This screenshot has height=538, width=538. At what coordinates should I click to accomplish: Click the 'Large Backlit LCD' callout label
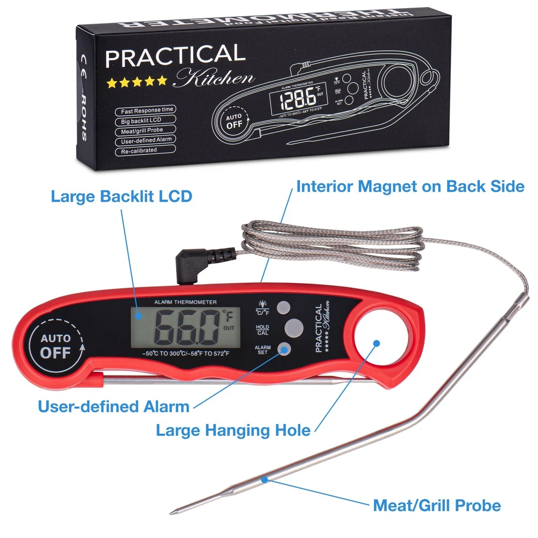point(121,196)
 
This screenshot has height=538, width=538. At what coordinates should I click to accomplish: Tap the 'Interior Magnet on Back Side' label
point(410,186)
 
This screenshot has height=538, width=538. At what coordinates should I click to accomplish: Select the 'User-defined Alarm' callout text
point(114,406)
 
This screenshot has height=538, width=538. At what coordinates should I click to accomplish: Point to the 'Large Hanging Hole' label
point(233,430)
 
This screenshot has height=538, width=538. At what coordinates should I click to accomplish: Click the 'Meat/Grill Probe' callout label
point(437,506)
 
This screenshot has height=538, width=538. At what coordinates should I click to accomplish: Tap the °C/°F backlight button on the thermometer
point(284,307)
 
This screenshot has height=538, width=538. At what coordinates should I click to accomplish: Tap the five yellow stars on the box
point(137,83)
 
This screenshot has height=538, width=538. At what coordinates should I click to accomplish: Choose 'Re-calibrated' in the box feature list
point(139,151)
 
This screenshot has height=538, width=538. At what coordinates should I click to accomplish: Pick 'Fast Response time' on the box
point(147,110)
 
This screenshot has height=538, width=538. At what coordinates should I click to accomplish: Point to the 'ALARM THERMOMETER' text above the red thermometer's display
point(185,302)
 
